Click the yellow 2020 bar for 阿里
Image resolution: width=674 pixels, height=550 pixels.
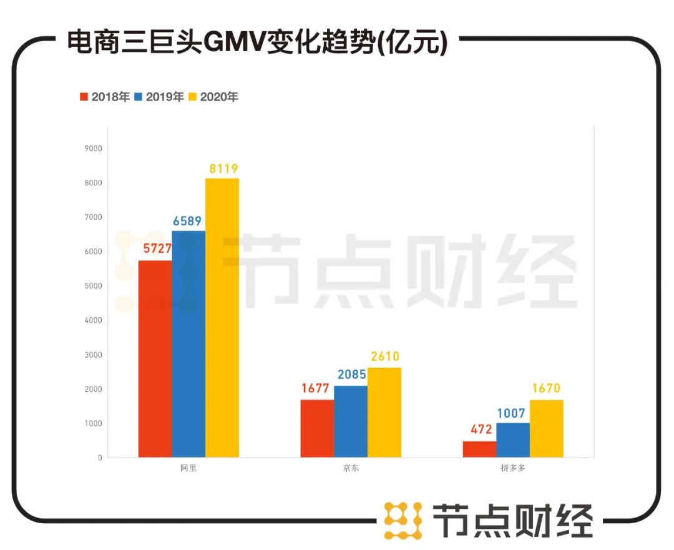point(222,318)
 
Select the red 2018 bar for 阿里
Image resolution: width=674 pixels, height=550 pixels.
point(155,359)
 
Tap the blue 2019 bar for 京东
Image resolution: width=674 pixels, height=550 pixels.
point(351,421)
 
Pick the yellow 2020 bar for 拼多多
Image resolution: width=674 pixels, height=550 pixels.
point(546,429)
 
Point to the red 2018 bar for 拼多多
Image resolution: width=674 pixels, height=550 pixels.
point(479,449)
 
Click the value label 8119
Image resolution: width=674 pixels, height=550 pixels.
point(222,169)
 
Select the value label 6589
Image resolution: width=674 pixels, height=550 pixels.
point(188,221)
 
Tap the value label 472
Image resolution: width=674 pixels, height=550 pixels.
point(479,431)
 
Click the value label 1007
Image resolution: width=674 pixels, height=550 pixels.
point(513,413)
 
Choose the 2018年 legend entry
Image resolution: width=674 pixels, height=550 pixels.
point(105,97)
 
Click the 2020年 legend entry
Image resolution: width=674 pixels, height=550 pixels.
point(213,97)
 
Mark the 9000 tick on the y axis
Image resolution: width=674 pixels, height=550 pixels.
point(94,149)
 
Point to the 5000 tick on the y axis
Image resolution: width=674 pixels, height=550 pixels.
point(94,286)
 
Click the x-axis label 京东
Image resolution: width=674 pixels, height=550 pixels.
point(351,469)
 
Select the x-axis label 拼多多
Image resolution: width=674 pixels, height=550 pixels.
point(513,469)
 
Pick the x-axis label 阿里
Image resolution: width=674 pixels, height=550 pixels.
point(188,469)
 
